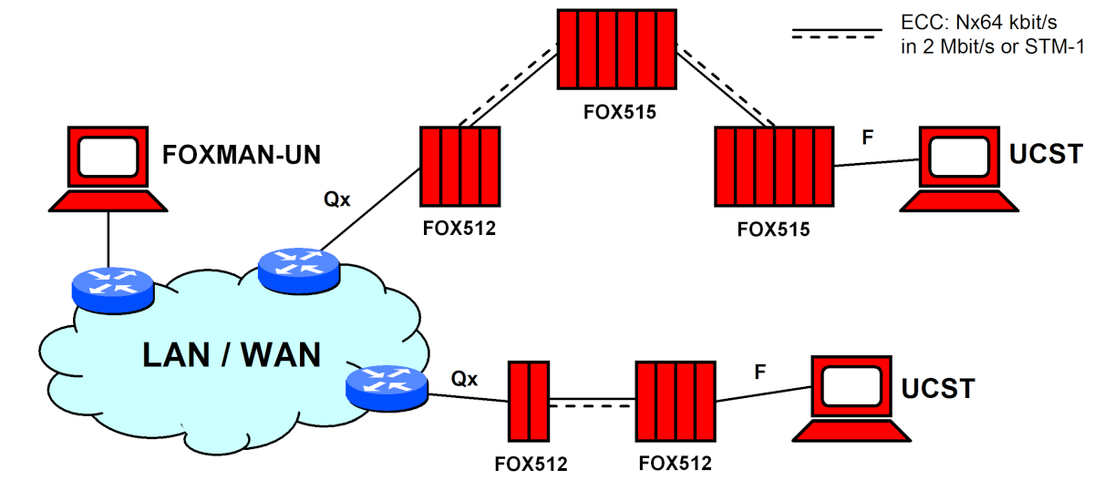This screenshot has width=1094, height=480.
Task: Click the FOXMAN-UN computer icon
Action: click(x=108, y=169)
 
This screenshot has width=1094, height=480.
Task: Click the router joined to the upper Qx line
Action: click(x=298, y=267)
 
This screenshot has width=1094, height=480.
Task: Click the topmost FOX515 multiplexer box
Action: click(x=615, y=50)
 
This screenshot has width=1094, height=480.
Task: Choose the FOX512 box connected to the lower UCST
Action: click(x=674, y=401)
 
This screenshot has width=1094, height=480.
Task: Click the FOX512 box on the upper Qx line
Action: click(x=460, y=167)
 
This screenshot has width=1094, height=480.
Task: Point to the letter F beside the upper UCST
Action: click(x=867, y=139)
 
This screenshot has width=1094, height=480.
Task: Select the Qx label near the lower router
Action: click(x=464, y=377)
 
